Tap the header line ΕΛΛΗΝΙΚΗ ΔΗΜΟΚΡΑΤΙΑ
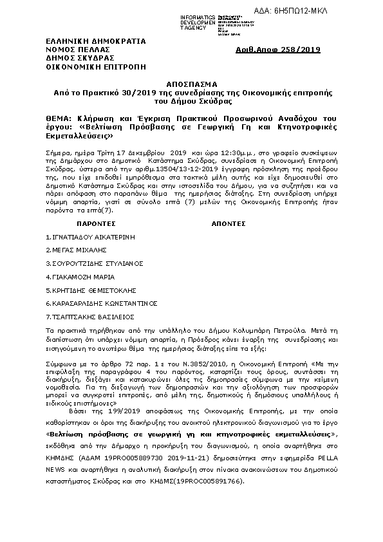96,41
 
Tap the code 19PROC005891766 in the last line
210,481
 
